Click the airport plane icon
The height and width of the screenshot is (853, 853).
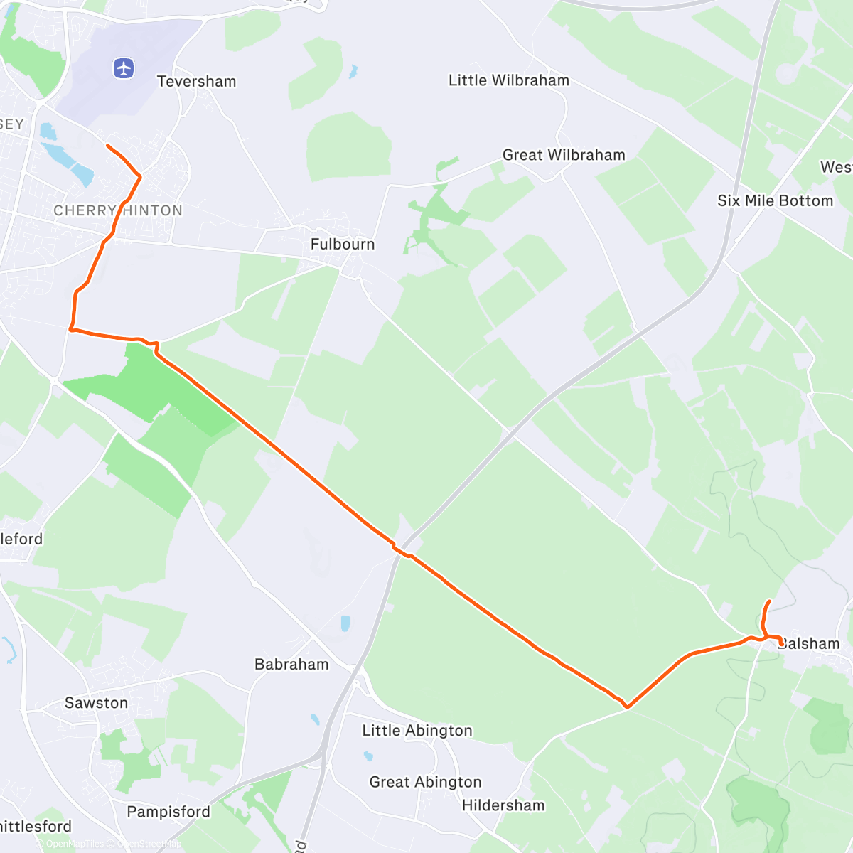tap(124, 68)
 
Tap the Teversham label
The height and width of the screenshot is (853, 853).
tap(196, 81)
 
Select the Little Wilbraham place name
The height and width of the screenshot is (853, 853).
tap(508, 80)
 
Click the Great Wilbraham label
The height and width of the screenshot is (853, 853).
tap(564, 155)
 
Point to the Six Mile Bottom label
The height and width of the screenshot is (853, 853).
tap(775, 200)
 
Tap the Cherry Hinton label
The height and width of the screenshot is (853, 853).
tap(118, 210)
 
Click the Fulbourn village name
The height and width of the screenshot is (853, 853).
tap(342, 244)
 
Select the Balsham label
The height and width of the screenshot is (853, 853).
tap(810, 644)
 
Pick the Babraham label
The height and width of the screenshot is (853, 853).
tap(291, 665)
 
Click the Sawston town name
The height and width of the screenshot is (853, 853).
tap(96, 703)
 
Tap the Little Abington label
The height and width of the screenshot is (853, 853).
tap(417, 730)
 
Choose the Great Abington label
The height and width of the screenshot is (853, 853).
tap(425, 782)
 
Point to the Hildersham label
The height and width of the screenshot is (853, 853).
tap(503, 805)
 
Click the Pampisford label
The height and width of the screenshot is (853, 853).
tap(168, 812)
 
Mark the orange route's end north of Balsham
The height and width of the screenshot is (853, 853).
tap(769, 602)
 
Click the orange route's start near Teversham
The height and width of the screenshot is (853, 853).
tap(107, 146)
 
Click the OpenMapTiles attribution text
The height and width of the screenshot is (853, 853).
tap(74, 844)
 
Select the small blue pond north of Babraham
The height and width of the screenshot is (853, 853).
tap(345, 623)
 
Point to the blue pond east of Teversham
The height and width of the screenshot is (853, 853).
tap(353, 72)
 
